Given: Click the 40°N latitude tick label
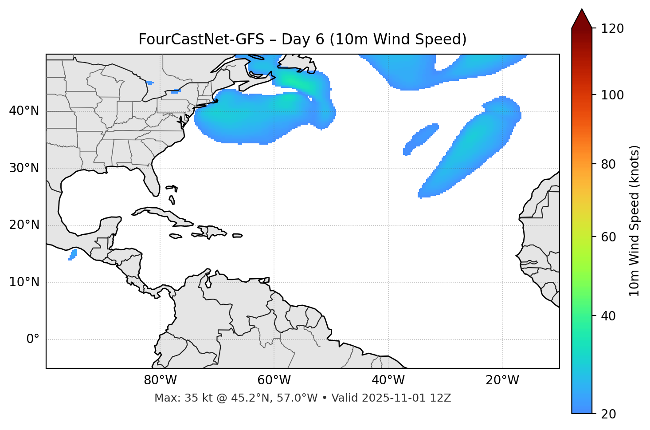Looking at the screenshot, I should coord(24,111).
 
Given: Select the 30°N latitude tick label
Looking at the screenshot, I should coord(24,168).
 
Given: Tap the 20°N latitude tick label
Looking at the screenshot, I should coord(24,225).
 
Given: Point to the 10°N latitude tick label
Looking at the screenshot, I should coord(24,282).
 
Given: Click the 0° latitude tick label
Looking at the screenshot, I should coord(33,339).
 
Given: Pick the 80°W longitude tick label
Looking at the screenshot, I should coord(160,380).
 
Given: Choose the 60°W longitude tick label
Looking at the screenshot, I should coord(274,380).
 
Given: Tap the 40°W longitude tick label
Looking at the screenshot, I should coord(388,380).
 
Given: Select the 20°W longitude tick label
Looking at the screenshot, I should coord(502,380).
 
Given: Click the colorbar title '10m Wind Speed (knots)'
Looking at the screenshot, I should coord(634,221).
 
